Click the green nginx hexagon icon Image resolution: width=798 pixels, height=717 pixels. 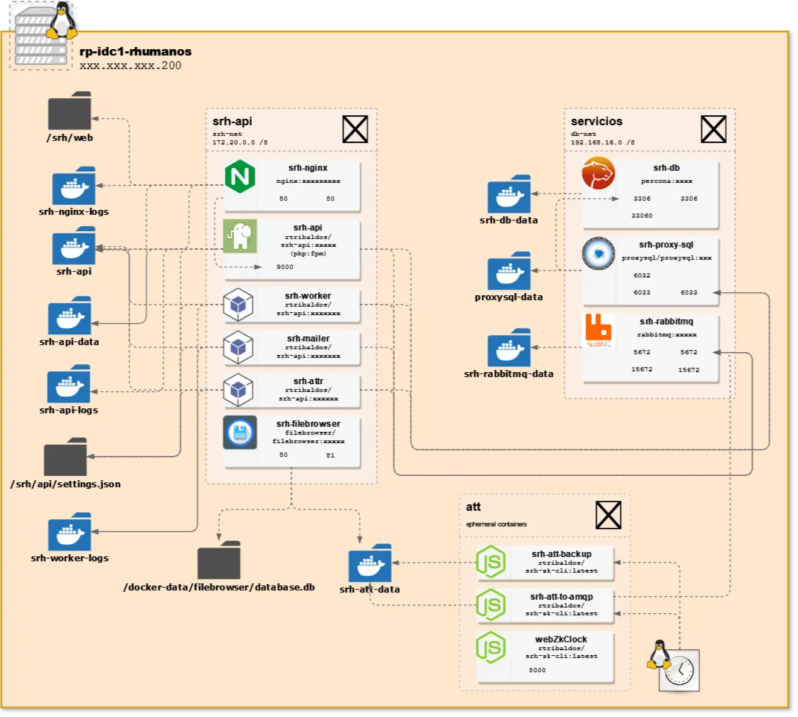(x=240, y=177)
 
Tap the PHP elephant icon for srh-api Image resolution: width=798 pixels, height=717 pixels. (x=240, y=236)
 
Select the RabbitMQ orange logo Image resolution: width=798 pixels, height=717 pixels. (x=598, y=330)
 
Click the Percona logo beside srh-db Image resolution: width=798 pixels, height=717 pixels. (x=598, y=174)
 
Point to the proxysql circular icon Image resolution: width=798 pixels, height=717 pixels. (x=598, y=254)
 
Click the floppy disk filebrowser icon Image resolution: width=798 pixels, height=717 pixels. (x=240, y=432)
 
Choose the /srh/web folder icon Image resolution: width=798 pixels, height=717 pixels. (x=70, y=110)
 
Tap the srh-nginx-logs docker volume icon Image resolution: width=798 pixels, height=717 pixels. (x=73, y=186)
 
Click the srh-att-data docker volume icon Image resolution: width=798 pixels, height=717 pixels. (x=370, y=563)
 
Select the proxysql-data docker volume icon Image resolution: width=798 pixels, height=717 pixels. (x=509, y=270)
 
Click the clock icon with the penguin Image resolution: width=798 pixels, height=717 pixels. (x=679, y=668)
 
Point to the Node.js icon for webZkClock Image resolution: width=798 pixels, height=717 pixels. (x=491, y=648)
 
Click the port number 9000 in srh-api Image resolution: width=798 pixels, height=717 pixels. (x=284, y=267)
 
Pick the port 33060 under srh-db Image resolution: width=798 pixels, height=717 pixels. (x=642, y=215)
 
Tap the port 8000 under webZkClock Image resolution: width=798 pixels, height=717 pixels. (x=538, y=670)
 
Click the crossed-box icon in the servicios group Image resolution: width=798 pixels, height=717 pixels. (x=713, y=130)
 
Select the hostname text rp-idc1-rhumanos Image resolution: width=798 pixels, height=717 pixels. (x=135, y=52)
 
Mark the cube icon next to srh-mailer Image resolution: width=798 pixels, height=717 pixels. (x=238, y=348)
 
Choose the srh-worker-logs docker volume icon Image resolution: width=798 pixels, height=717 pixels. (x=70, y=531)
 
